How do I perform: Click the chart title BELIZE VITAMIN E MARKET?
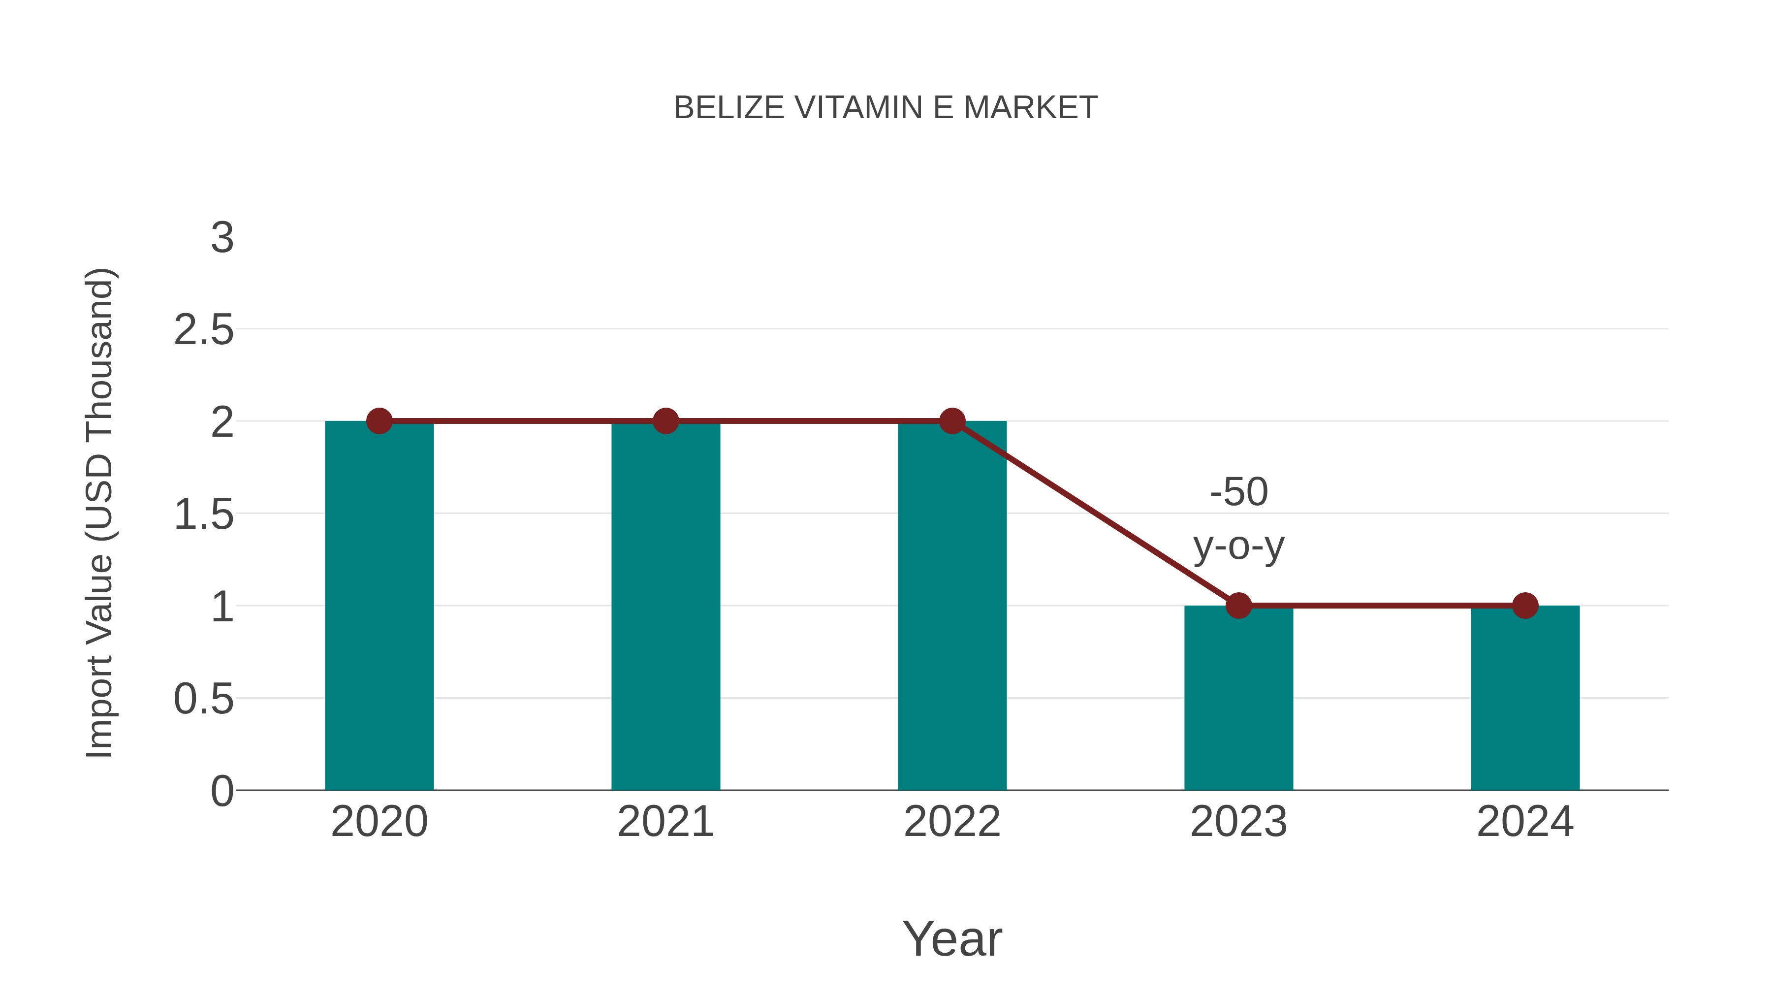tap(886, 108)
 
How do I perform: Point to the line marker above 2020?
tap(379, 420)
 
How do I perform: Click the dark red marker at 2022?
tap(952, 420)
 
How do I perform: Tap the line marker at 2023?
tap(1238, 606)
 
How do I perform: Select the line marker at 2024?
tap(1525, 606)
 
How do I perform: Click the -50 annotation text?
tap(1238, 493)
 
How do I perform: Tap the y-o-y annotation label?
tap(1238, 547)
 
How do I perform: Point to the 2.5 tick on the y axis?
tap(204, 330)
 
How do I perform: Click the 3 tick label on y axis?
tap(222, 238)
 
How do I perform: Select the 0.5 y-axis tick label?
tap(204, 700)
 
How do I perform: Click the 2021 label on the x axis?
tap(665, 822)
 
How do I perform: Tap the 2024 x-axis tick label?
tap(1525, 822)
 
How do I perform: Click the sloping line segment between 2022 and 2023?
tap(1095, 514)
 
